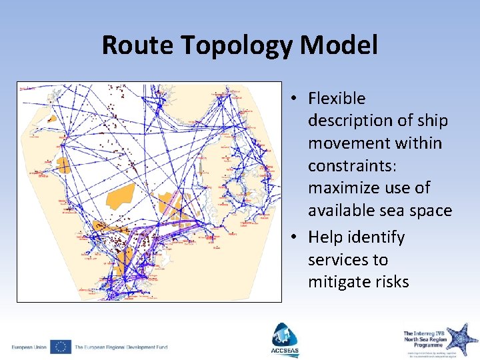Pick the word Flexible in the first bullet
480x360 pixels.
[337, 99]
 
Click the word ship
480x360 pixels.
[433, 121]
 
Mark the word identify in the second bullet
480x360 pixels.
[376, 237]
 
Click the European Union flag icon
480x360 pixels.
[61, 347]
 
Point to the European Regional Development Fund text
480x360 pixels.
[121, 347]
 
